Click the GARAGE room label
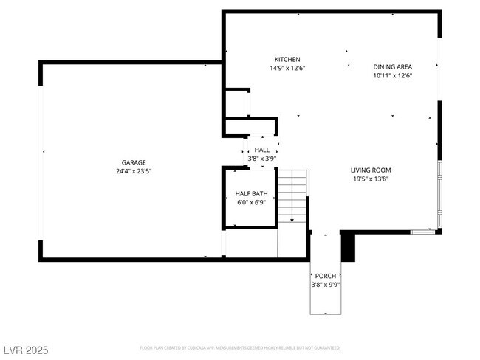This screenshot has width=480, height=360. (x=134, y=162)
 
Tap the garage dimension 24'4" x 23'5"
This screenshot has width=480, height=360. (x=134, y=170)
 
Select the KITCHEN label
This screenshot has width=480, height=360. (x=287, y=60)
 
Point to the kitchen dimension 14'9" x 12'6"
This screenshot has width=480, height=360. (x=287, y=68)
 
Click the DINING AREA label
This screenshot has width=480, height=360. (x=392, y=66)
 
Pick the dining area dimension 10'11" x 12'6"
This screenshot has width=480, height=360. (x=392, y=75)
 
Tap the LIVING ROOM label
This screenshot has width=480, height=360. (x=370, y=170)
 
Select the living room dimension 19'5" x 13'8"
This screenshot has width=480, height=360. (x=370, y=178)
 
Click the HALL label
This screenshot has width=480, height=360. (x=262, y=150)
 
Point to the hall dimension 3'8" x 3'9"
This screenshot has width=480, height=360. (x=262, y=158)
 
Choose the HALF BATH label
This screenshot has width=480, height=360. (x=251, y=194)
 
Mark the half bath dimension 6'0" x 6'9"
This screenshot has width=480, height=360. (x=251, y=202)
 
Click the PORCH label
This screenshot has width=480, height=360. (x=325, y=276)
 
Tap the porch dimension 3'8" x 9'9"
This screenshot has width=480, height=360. (x=325, y=284)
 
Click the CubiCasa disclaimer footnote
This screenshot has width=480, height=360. (x=240, y=347)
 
